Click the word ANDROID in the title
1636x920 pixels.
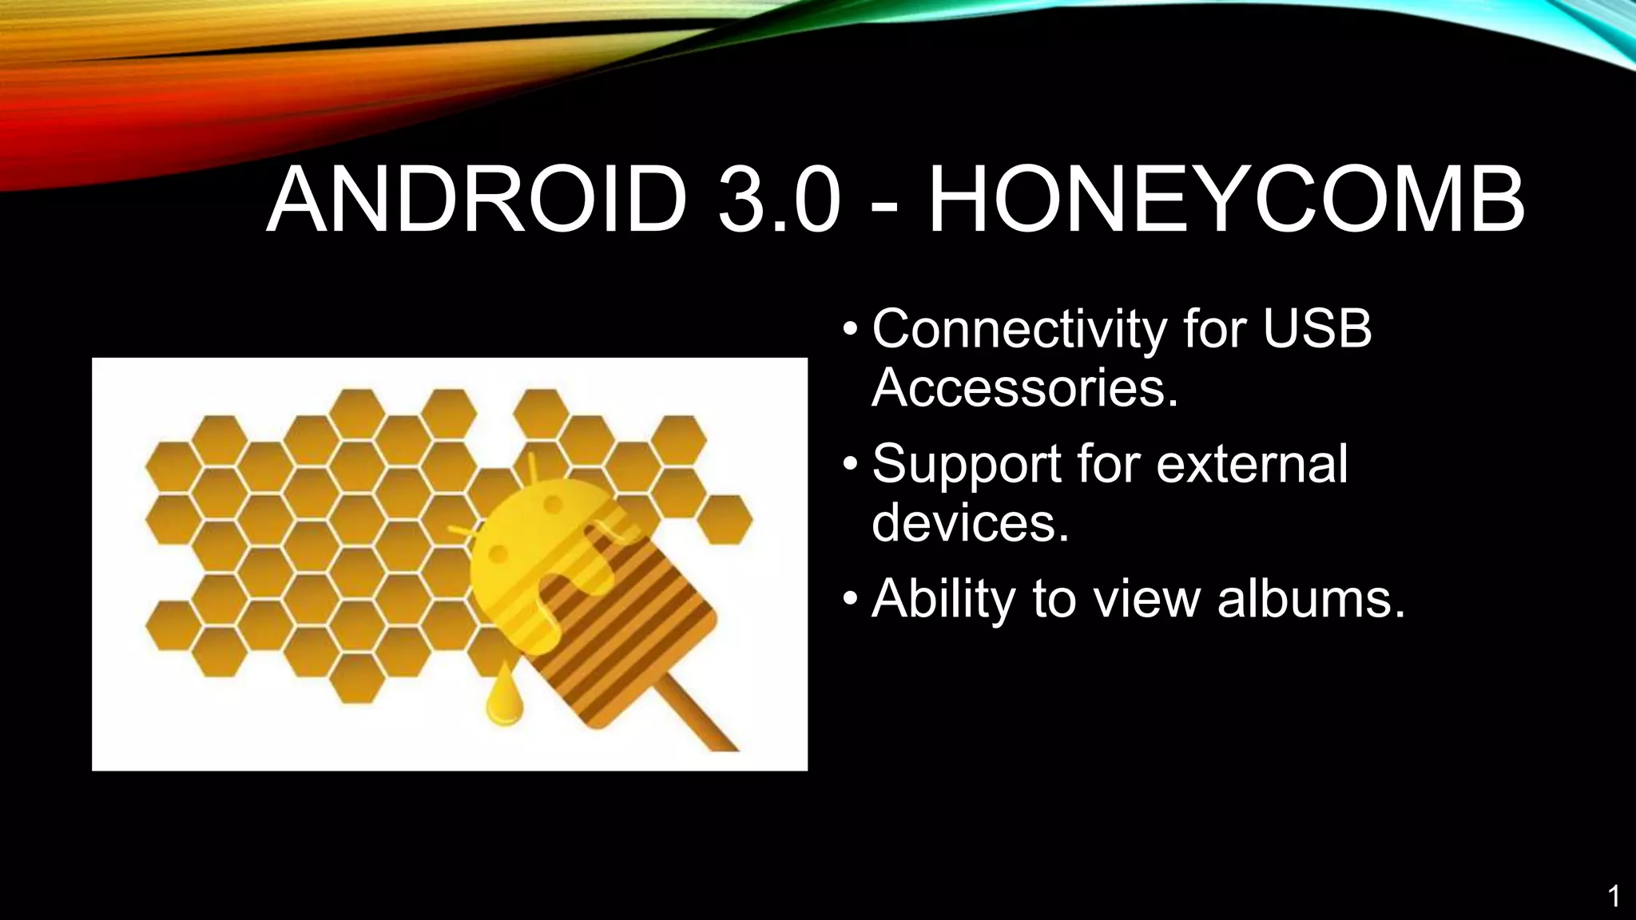pos(477,200)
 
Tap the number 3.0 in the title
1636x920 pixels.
pos(778,200)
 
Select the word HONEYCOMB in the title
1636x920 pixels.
pos(1225,200)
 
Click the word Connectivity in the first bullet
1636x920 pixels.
pos(1019,330)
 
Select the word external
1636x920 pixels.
pos(1252,463)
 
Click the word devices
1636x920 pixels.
pos(970,523)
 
